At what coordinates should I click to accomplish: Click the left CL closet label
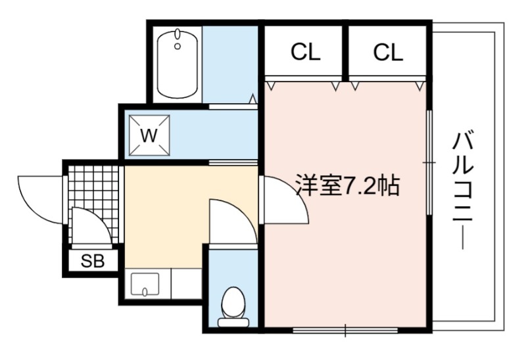click(x=305, y=52)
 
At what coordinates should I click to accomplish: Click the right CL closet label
click(x=388, y=52)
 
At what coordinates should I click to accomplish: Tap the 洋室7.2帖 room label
click(x=348, y=185)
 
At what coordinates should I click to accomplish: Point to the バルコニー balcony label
click(x=463, y=191)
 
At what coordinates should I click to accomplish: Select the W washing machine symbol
click(x=149, y=135)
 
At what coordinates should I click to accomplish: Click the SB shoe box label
click(x=93, y=260)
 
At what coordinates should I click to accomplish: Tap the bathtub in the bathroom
click(x=177, y=64)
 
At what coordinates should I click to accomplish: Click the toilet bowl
click(x=233, y=304)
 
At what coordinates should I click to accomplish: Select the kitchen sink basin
click(x=145, y=284)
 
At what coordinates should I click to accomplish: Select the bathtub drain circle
click(x=178, y=46)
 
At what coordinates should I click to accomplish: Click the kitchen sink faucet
click(x=145, y=292)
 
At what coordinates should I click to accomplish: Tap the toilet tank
click(x=233, y=323)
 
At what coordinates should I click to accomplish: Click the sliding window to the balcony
click(x=429, y=162)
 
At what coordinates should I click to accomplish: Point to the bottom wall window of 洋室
click(x=345, y=330)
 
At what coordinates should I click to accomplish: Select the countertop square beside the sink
click(x=186, y=283)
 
